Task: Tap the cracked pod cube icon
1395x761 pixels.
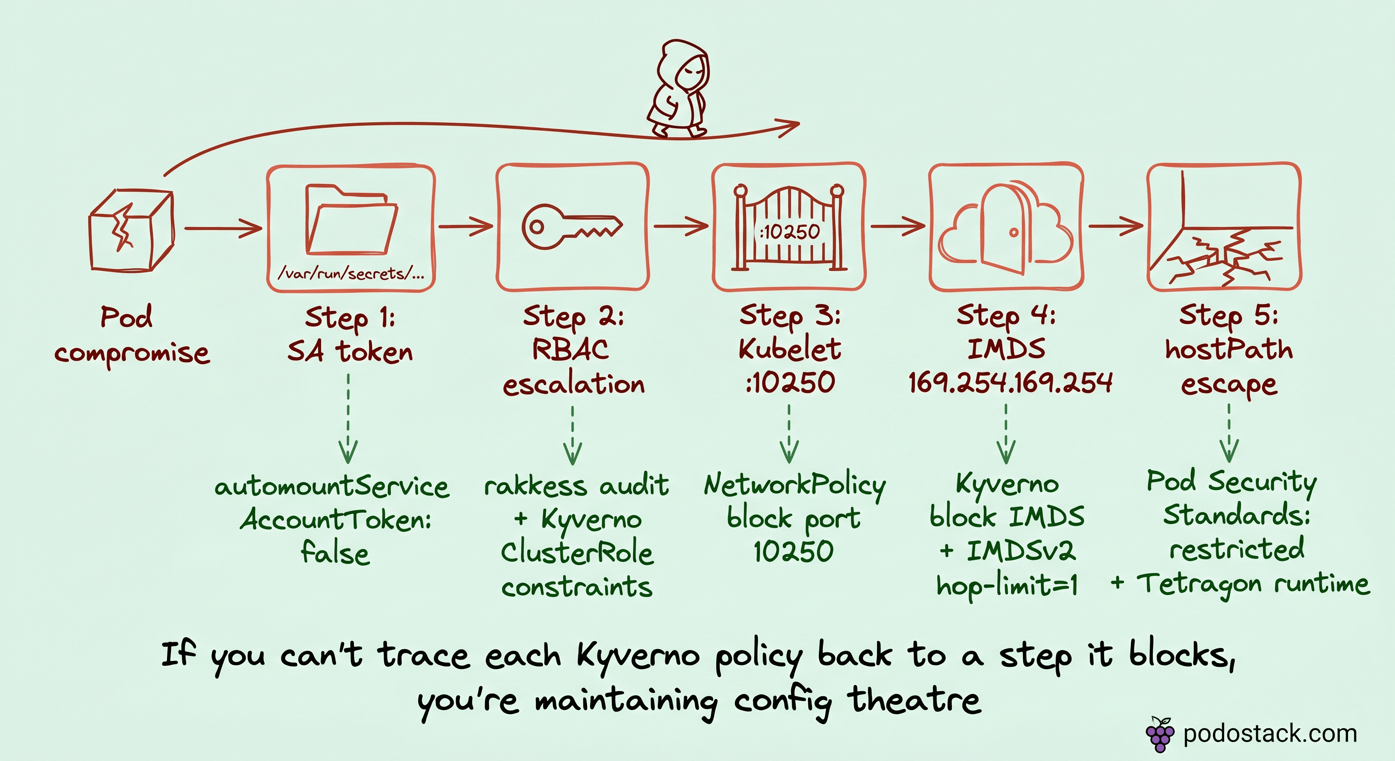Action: tap(131, 230)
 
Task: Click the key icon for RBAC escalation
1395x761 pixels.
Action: tap(571, 226)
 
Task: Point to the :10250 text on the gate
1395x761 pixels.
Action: tap(790, 232)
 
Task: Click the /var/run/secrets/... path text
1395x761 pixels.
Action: tap(351, 273)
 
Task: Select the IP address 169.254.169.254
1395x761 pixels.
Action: tap(1010, 383)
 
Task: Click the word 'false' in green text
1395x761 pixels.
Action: tap(335, 553)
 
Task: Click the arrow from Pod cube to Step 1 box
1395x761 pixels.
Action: tap(222, 228)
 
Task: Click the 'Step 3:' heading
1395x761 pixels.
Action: tap(790, 316)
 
